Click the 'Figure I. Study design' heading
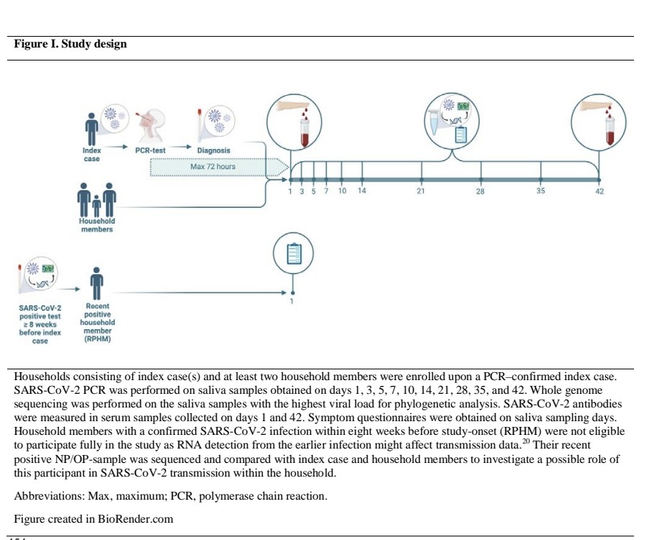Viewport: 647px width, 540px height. pyautogui.click(x=71, y=45)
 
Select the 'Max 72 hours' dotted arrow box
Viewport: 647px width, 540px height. pyautogui.click(x=214, y=167)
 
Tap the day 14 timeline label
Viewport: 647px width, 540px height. pyautogui.click(x=362, y=192)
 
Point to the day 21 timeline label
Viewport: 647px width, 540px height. pyautogui.click(x=421, y=192)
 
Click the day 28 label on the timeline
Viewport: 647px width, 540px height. pyautogui.click(x=481, y=192)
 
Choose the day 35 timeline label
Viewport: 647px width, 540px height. pyautogui.click(x=540, y=192)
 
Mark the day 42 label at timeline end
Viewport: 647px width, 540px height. pyautogui.click(x=599, y=192)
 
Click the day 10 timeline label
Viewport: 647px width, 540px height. pyautogui.click(x=342, y=192)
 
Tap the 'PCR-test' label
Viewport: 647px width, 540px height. pyautogui.click(x=151, y=150)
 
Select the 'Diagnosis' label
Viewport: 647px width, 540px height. pyautogui.click(x=214, y=150)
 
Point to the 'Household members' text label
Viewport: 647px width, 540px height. pyautogui.click(x=97, y=225)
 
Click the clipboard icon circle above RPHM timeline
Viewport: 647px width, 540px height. pyautogui.click(x=293, y=255)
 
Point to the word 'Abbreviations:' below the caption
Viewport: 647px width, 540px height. pyautogui.click(x=47, y=495)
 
